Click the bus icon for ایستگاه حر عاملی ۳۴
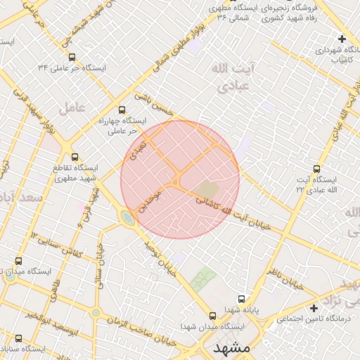click(73, 58)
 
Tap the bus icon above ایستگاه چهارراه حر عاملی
click(122, 110)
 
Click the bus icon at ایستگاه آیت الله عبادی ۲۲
click(316, 169)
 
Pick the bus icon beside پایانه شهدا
click(241, 298)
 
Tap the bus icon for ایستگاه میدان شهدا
click(212, 315)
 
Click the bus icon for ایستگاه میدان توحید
click(19, 261)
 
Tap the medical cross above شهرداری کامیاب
click(342, 39)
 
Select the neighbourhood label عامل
click(72, 108)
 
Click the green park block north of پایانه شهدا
click(202, 280)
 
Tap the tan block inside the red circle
click(207, 190)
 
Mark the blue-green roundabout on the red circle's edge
click(127, 217)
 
